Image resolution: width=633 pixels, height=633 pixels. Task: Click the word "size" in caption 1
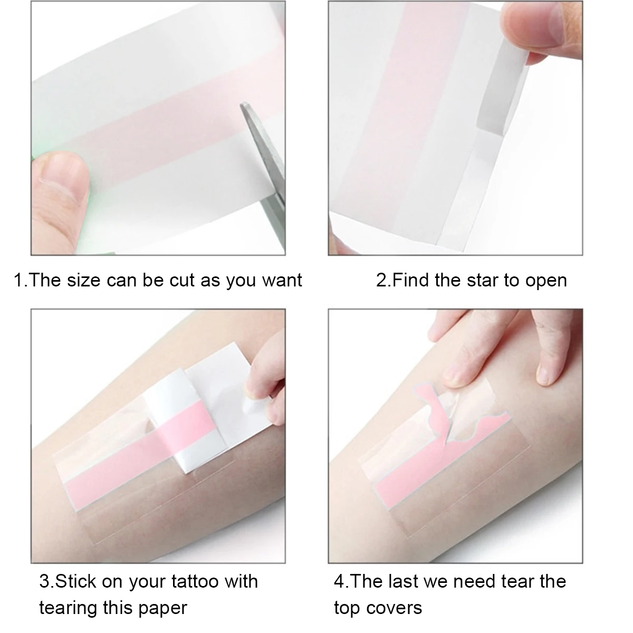83,280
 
